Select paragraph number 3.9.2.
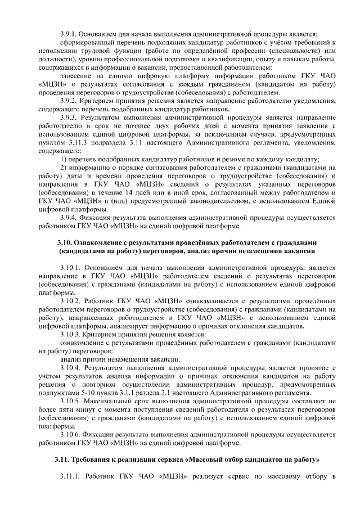click(x=69, y=101)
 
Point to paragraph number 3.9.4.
click(x=69, y=218)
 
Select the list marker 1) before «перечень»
click(x=64, y=159)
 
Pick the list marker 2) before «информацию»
click(x=64, y=168)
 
